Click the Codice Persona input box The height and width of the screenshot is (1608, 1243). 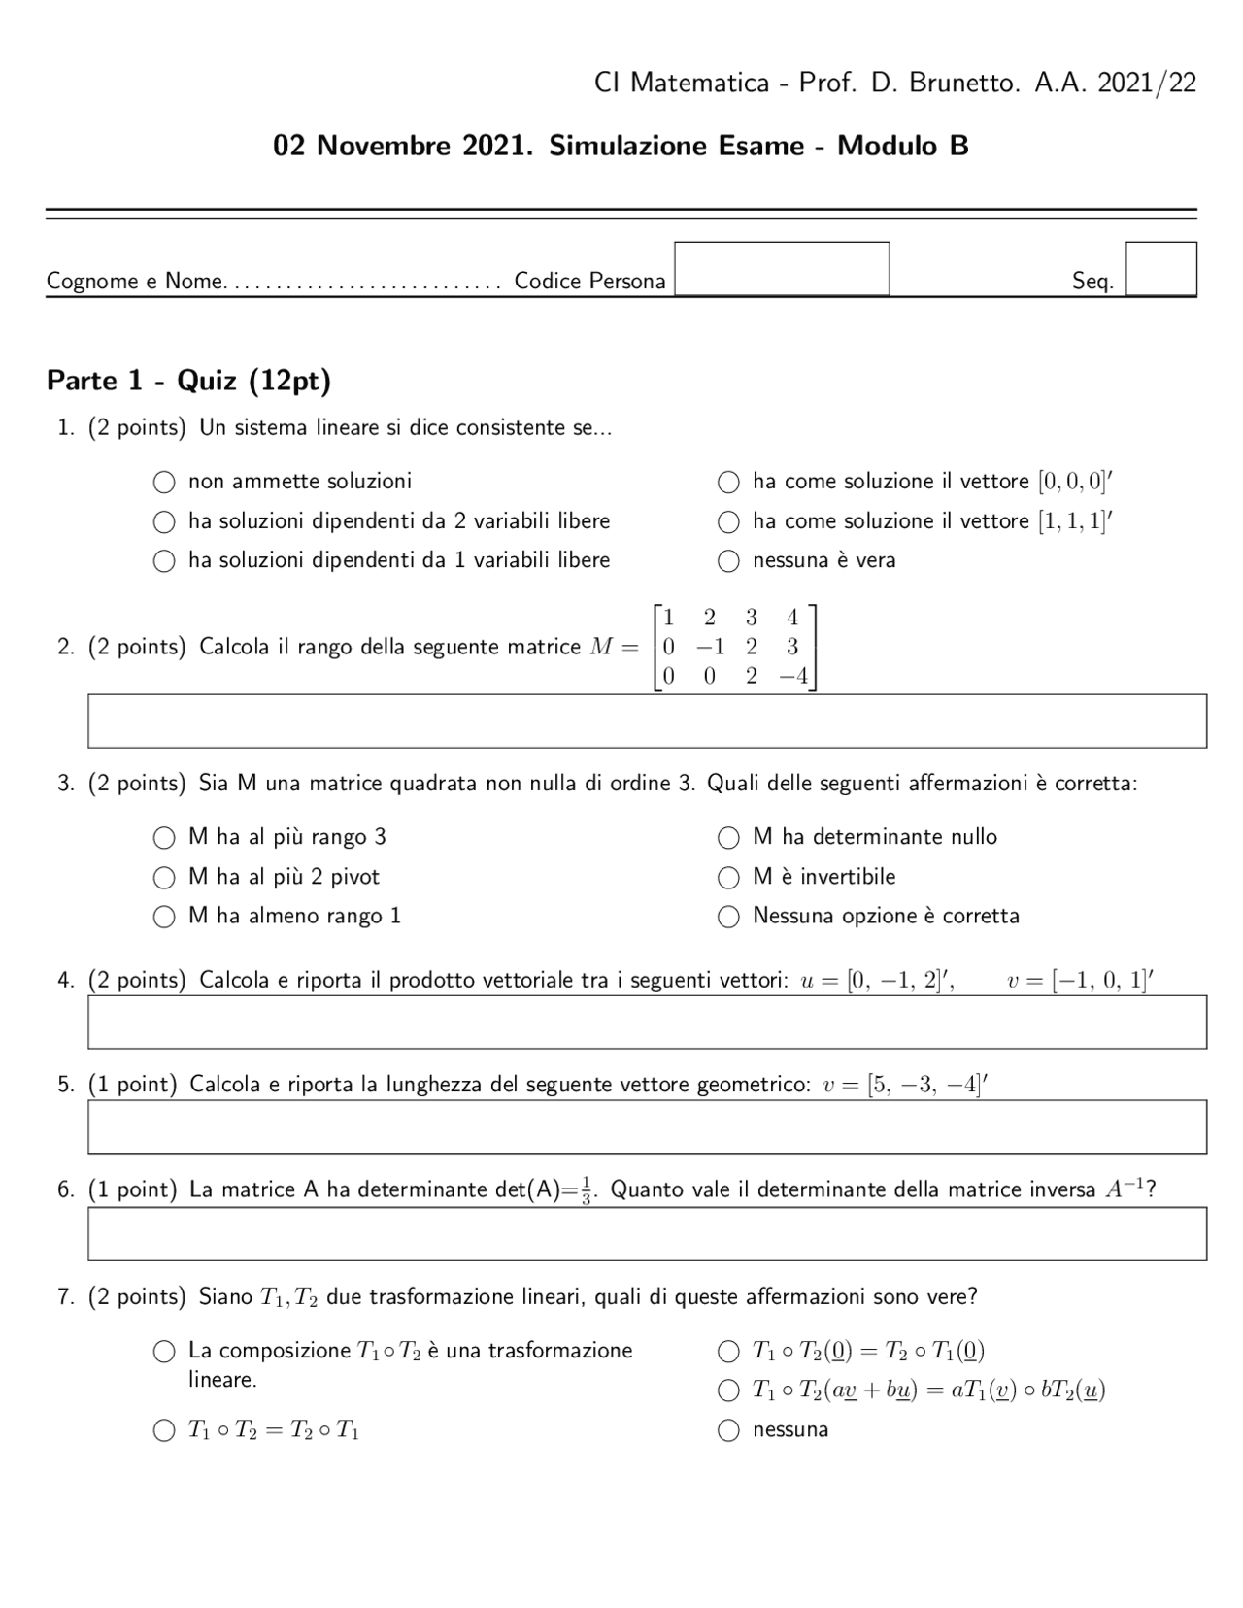[782, 268]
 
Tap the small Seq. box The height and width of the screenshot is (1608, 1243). [1160, 268]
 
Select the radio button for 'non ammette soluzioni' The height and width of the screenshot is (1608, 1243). [164, 482]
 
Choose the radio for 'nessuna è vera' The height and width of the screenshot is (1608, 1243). [728, 561]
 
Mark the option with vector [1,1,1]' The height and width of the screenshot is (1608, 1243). [728, 522]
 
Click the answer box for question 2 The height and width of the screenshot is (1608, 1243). [647, 720]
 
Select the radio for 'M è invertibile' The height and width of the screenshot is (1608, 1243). [728, 878]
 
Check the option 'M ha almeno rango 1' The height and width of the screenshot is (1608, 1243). [164, 917]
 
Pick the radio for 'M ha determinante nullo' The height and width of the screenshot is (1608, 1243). [728, 838]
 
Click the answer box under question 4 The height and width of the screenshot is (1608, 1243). [647, 1022]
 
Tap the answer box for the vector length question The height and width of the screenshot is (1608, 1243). [647, 1126]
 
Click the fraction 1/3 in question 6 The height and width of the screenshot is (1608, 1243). [586, 1190]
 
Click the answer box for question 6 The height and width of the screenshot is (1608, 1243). [647, 1233]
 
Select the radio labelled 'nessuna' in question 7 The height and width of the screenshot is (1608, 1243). [728, 1430]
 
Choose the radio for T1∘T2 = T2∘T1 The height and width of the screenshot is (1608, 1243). [164, 1430]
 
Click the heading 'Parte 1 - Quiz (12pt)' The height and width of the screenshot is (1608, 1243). [188, 381]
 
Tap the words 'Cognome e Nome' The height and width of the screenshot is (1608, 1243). [135, 282]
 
